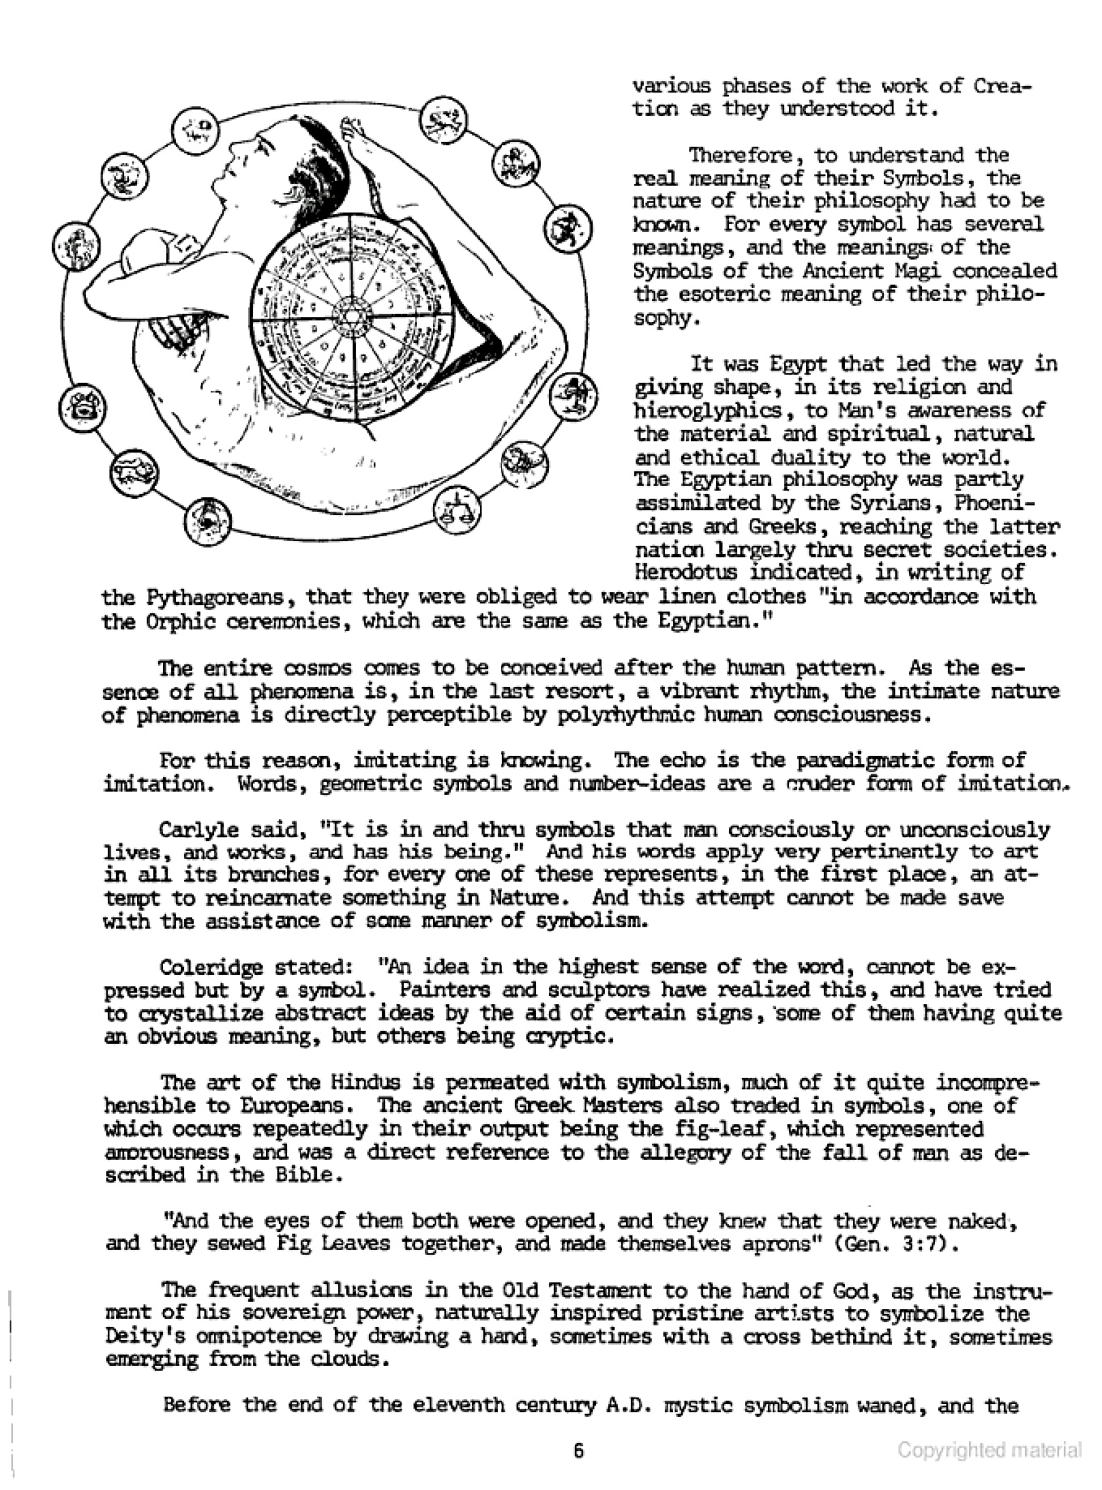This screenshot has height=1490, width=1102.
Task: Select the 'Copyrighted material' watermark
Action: (989, 1451)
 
